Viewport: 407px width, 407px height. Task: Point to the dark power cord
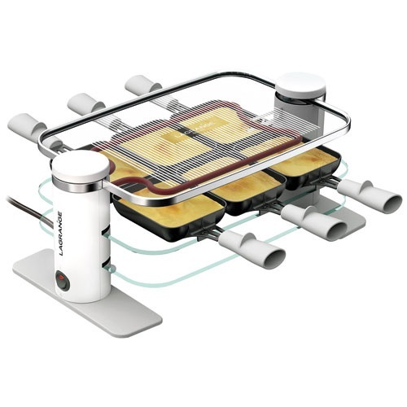(x=24, y=207)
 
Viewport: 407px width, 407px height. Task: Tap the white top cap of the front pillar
(x=80, y=165)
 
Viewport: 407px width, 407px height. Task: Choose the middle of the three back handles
(x=85, y=103)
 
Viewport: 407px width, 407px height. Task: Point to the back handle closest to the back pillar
(x=142, y=85)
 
